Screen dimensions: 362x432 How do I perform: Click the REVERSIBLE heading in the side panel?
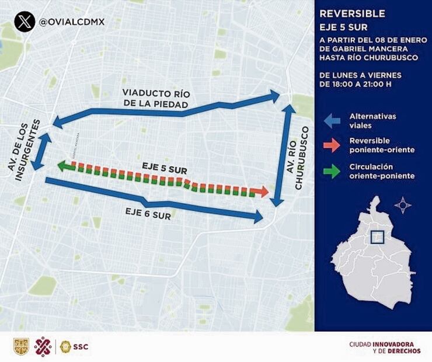[352, 13]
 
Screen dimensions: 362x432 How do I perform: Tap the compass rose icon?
[402, 205]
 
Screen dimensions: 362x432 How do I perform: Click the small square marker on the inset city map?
[377, 236]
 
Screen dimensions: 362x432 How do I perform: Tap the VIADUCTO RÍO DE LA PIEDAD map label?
[156, 99]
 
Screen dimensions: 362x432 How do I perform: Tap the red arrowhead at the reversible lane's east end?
[263, 192]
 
